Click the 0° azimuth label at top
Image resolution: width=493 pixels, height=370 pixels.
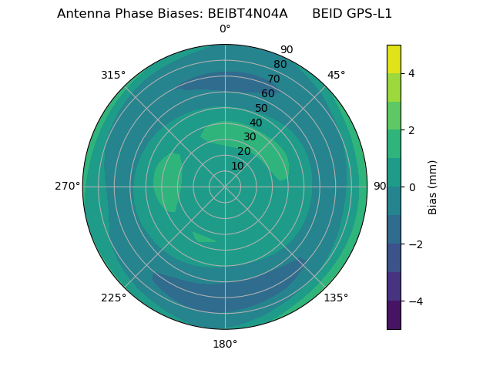tap(225, 29)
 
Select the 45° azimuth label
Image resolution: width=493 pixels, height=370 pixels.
tap(336, 75)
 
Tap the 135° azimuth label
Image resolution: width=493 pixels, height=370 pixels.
tap(336, 298)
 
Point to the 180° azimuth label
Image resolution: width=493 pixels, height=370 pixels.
tap(225, 344)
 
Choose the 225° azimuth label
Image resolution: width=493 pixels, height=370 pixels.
tap(113, 298)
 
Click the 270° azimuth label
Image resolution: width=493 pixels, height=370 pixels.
tap(68, 187)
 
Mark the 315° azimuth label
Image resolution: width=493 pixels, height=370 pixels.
tap(113, 75)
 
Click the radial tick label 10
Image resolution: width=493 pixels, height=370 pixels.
tap(237, 166)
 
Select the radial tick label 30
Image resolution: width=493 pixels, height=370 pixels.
tap(250, 137)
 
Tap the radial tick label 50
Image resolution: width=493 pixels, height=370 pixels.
tap(262, 109)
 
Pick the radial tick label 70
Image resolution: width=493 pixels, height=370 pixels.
tap(273, 79)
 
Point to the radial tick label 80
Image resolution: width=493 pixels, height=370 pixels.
tap(280, 65)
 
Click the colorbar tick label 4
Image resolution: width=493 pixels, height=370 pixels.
tap(411, 73)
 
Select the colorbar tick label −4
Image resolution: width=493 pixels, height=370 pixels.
tap(414, 301)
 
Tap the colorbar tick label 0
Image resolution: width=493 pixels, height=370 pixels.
tap(411, 187)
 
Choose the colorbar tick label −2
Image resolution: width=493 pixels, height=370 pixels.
tap(414, 244)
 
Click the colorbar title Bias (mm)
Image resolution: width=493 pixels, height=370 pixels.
tap(433, 187)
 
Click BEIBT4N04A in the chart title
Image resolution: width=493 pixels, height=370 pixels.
tap(247, 14)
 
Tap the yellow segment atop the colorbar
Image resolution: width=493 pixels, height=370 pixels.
tap(394, 59)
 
